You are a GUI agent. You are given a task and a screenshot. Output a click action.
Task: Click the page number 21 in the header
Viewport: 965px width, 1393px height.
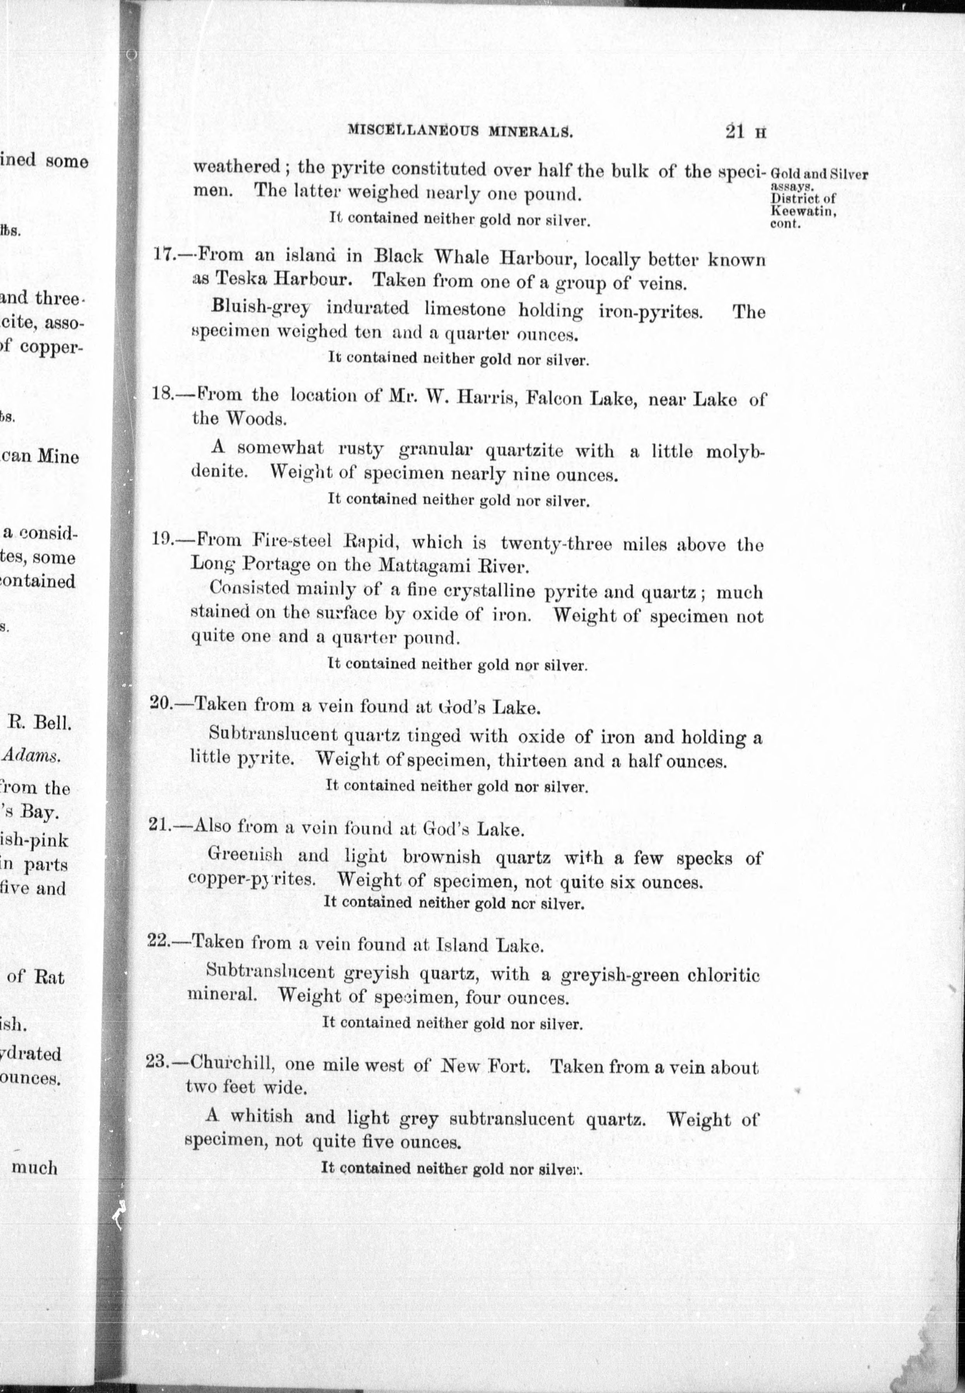(735, 132)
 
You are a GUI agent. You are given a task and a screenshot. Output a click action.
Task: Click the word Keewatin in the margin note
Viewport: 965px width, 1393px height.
(802, 211)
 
